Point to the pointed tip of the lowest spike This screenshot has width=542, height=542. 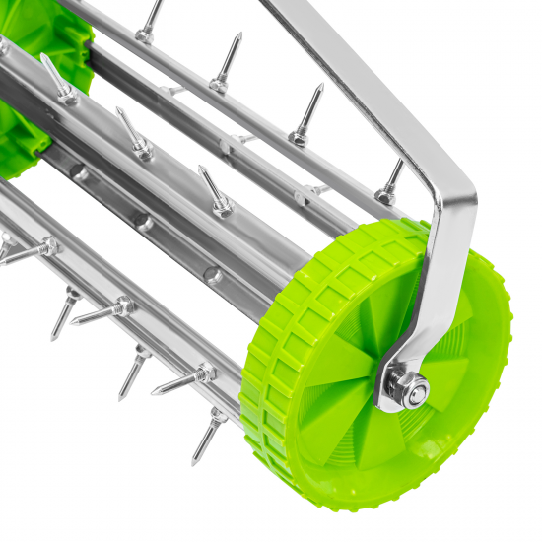(x=194, y=462)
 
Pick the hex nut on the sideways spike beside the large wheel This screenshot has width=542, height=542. (x=203, y=373)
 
